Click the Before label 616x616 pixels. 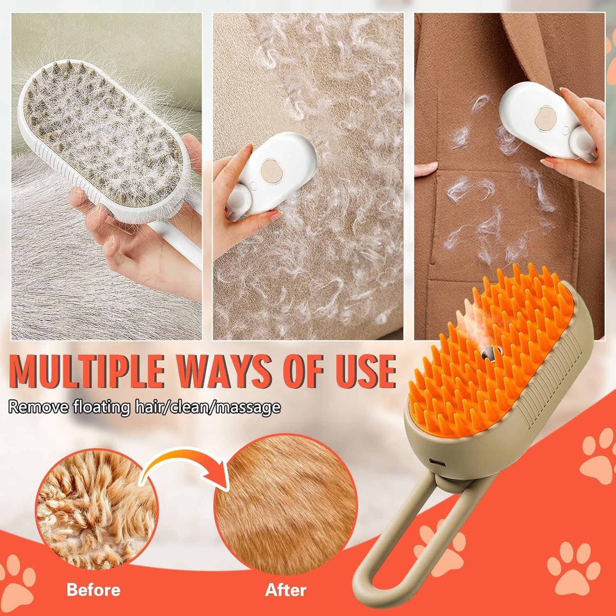[94, 590]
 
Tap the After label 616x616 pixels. [285, 590]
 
